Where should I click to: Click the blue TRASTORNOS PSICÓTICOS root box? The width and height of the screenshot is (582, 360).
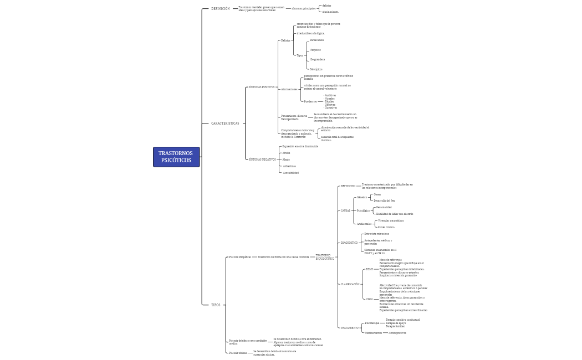[x=176, y=157]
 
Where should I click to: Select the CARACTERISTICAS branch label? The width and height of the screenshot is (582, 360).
[x=225, y=124]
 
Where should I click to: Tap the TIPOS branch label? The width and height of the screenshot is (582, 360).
[x=216, y=305]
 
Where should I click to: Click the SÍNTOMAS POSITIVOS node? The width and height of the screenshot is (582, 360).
[x=261, y=87]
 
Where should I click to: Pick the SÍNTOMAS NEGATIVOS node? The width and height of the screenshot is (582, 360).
[x=262, y=160]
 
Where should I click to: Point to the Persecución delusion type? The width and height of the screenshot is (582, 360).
[x=317, y=40]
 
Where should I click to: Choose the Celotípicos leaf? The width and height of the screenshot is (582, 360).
[x=316, y=69]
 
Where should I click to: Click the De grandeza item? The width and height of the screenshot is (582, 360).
[x=318, y=59]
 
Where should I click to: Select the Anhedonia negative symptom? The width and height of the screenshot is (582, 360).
[x=289, y=166]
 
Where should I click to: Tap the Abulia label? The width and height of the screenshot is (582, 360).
[x=286, y=152]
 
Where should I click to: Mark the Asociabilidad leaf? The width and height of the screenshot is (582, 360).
[x=291, y=173]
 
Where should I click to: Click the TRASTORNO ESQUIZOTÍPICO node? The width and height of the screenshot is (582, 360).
[x=325, y=257]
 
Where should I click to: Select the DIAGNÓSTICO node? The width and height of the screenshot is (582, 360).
[x=350, y=243]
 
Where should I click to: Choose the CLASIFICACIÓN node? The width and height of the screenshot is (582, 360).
[x=350, y=284]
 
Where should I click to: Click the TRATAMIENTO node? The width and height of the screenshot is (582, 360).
[x=350, y=328]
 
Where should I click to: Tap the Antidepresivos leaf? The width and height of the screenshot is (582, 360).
[x=397, y=333]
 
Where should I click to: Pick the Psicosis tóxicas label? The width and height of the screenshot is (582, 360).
[x=238, y=352]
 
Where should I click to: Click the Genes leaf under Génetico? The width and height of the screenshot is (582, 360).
[x=377, y=194]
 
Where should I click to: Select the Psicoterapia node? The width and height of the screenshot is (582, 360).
[x=372, y=323]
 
